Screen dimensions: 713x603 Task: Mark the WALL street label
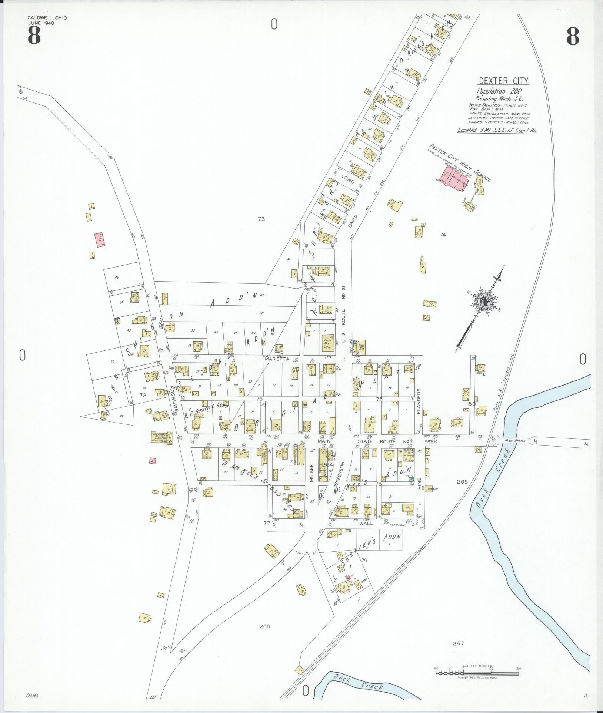pyautogui.click(x=365, y=524)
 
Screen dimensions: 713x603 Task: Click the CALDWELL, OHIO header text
pyautogui.click(x=47, y=18)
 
